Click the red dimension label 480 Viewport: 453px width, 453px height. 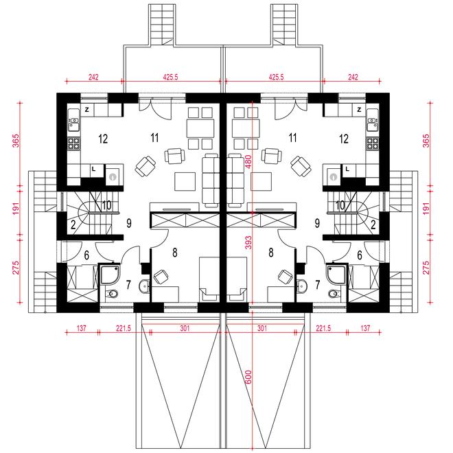click(248, 162)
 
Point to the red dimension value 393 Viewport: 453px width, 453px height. click(248, 243)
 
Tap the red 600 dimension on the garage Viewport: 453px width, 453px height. click(248, 377)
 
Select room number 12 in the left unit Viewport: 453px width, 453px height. click(103, 139)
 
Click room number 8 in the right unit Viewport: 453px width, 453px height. click(270, 253)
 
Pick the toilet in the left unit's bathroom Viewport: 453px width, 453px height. click(112, 294)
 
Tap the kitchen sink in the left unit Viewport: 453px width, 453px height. click(74, 124)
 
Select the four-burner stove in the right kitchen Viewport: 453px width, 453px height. click(373, 143)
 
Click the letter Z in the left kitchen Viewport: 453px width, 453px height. click(86, 110)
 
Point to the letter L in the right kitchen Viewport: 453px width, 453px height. click(347, 169)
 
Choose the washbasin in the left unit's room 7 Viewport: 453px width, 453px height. click(144, 286)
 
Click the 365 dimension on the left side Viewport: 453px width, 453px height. click(16, 141)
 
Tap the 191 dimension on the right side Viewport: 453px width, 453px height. click(426, 209)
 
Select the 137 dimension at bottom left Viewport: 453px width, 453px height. click(82, 329)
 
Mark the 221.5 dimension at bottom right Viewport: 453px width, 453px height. click(323, 329)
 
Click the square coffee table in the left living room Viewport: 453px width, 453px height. click(185, 182)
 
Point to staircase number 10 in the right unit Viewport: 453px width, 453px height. click(340, 205)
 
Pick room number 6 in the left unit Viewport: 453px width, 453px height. click(86, 255)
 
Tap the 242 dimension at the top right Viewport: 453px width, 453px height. click(353, 77)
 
